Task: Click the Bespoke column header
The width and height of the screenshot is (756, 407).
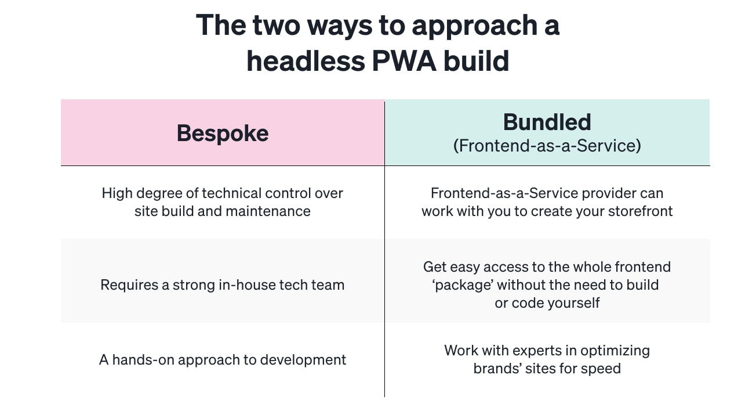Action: pos(223,134)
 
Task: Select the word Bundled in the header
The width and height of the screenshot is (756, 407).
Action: pos(547,123)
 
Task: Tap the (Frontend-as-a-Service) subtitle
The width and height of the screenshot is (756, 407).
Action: pos(547,145)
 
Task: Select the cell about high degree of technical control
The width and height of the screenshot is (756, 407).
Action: pos(223,202)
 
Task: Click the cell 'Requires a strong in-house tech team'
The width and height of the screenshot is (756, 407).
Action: pos(223,285)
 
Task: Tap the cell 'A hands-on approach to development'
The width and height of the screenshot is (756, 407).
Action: pos(223,360)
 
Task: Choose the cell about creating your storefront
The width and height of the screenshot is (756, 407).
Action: pos(547,202)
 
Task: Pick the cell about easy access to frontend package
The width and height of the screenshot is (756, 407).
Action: pos(547,284)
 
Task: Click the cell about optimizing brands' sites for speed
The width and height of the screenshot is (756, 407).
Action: pos(547,359)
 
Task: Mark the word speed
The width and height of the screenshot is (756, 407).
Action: pos(602,369)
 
